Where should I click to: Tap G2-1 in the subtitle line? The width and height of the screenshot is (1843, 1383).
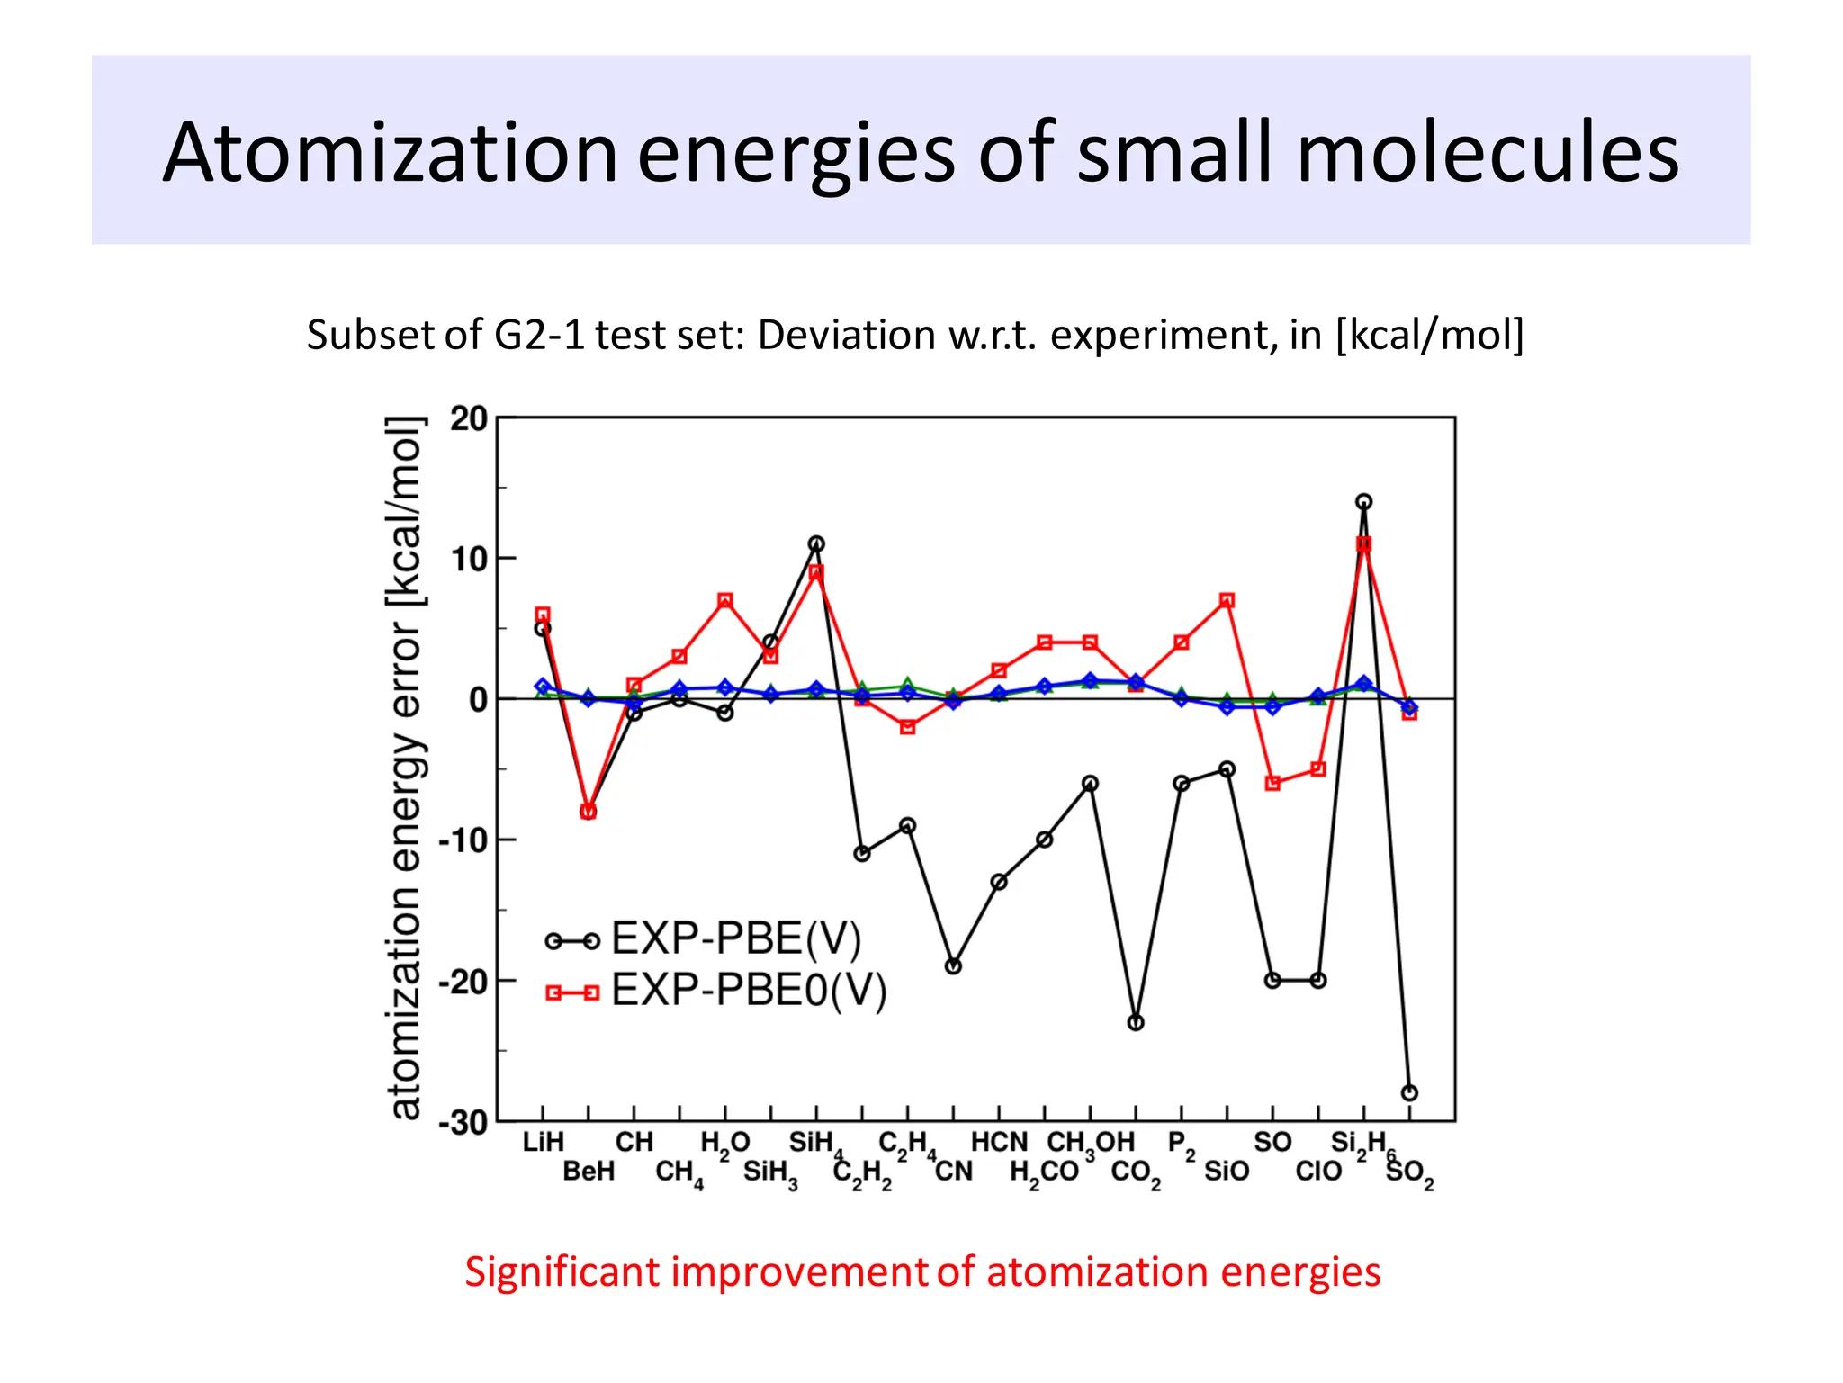[x=538, y=335]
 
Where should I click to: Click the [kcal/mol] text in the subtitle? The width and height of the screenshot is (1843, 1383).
[x=1429, y=335]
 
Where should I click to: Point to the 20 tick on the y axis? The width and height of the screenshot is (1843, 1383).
[x=469, y=419]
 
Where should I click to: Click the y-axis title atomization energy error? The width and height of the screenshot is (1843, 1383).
[x=405, y=769]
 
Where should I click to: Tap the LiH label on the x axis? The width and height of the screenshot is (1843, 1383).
[x=543, y=1142]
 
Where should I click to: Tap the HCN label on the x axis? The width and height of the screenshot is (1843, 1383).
[x=998, y=1142]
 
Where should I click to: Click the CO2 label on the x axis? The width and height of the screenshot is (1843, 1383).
[x=1135, y=1172]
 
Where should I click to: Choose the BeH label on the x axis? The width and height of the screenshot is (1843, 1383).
[x=589, y=1171]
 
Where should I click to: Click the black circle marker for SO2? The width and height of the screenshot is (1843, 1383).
[x=1409, y=1093]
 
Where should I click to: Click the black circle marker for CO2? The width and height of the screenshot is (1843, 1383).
[x=1136, y=1023]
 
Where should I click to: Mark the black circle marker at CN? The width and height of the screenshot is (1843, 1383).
[x=953, y=966]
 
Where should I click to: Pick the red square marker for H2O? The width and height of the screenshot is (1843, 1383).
[x=725, y=600]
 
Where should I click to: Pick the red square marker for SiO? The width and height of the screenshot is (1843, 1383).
[x=1227, y=600]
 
